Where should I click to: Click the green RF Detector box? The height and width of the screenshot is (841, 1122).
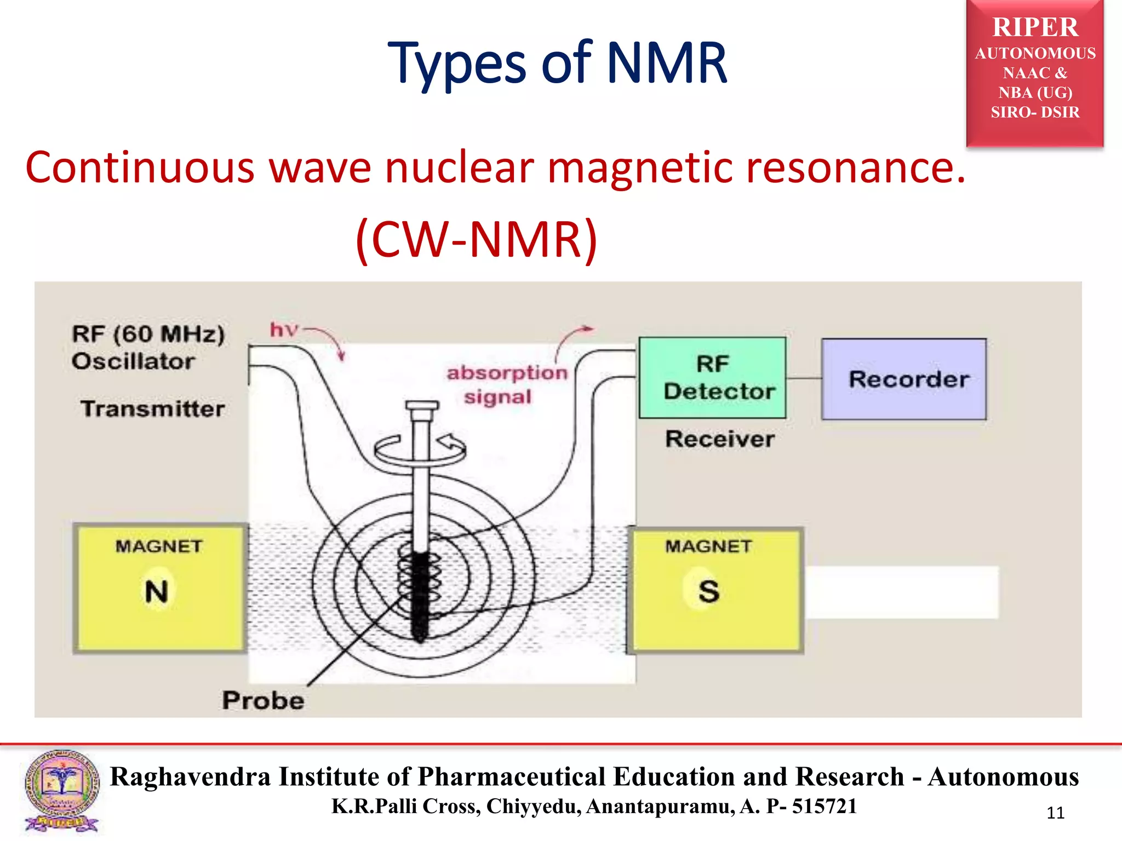pos(712,378)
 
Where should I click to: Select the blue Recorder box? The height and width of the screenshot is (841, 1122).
pos(904,379)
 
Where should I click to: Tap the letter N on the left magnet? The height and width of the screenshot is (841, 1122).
pos(157,591)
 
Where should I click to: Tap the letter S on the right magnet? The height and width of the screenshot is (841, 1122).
pos(709,591)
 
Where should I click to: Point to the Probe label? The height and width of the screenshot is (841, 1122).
pos(263,700)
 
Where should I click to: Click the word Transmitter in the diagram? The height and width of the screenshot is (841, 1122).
pos(153,408)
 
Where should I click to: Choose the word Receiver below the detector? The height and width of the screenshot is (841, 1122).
pos(720,439)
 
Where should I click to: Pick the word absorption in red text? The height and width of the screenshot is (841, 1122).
pos(507,373)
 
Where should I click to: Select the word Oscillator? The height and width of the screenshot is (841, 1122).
pos(133,361)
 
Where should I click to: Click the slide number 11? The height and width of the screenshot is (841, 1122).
pos(1055,813)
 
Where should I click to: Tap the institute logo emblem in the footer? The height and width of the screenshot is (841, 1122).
pos(62,790)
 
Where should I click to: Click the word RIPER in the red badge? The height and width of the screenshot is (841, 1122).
pos(1035,27)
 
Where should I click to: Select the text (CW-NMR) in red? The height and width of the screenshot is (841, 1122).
pos(476,239)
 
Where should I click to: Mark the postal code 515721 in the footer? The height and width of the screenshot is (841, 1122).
pos(824,806)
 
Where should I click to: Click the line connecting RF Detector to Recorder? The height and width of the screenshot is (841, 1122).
pos(804,378)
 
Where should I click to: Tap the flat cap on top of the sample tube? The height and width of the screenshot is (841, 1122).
pos(422,406)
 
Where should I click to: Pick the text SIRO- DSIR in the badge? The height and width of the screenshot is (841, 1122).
pos(1035,112)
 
